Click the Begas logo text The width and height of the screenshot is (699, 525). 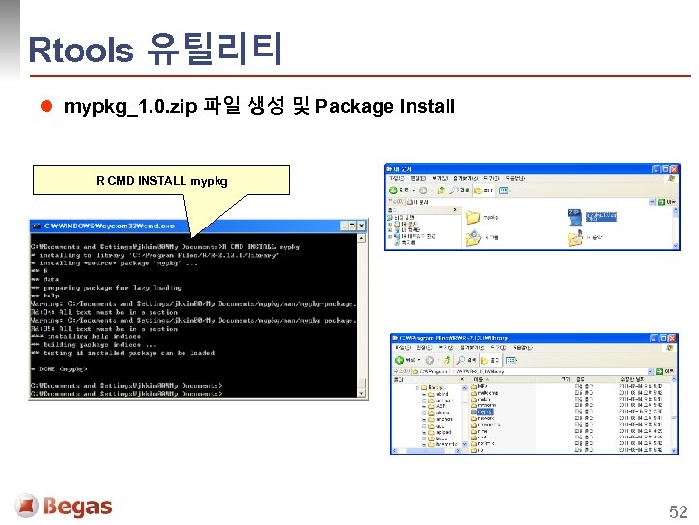pos(78,507)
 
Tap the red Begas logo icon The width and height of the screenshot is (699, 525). pos(26,506)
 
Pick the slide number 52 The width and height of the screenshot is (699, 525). pos(678,511)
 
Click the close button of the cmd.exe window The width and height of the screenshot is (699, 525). pos(362,226)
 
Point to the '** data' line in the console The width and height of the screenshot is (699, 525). pos(49,279)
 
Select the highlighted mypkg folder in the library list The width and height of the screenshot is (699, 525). pos(483,412)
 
